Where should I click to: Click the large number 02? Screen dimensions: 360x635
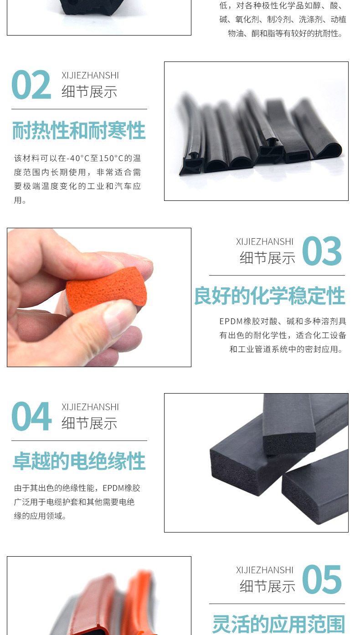pyautogui.click(x=31, y=84)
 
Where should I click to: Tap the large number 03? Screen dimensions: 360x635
pyautogui.click(x=322, y=251)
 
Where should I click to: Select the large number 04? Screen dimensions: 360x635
pyautogui.click(x=31, y=416)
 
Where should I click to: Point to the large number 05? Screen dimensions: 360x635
pyautogui.click(x=322, y=579)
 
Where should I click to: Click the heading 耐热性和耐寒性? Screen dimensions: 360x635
pyautogui.click(x=79, y=130)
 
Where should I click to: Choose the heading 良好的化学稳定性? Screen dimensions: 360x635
pyautogui.click(x=270, y=296)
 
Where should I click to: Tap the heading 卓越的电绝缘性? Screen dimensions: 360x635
pyautogui.click(x=79, y=461)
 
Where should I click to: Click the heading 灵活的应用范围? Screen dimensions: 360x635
pyautogui.click(x=279, y=624)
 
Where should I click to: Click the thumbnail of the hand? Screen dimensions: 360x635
pyautogui.click(x=99, y=297)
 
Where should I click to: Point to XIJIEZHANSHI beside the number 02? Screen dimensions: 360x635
pyautogui.click(x=90, y=76)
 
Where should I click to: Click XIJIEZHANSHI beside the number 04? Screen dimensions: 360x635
pyautogui.click(x=90, y=407)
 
